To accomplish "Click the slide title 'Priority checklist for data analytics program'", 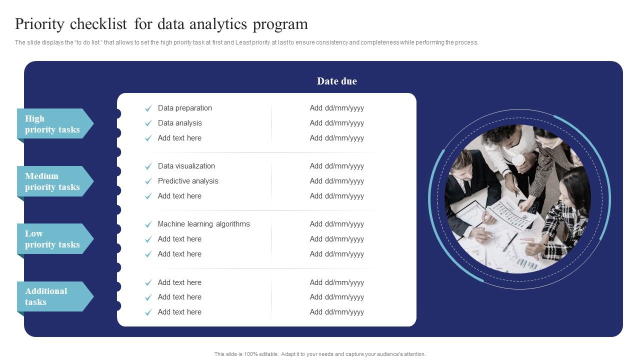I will [x=161, y=24].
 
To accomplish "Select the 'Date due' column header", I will [x=336, y=81].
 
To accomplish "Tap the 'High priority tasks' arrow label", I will [x=52, y=124].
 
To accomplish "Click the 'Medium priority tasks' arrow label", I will [x=52, y=181].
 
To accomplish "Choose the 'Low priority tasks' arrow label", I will [x=52, y=239].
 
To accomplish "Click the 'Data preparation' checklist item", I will [x=184, y=108].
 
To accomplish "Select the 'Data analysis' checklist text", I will [x=179, y=123].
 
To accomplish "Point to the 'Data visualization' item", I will [x=186, y=166].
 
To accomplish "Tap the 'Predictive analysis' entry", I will [x=188, y=181].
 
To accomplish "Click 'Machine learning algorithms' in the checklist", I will [x=203, y=224].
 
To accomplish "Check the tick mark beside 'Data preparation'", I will [x=148, y=108].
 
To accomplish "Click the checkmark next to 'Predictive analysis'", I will [x=148, y=181].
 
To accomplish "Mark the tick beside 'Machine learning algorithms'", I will [x=148, y=224].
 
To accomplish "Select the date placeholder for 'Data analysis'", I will [x=336, y=123].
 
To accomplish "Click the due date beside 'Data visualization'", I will [x=336, y=166].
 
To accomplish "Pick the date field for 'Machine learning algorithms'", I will [x=336, y=224].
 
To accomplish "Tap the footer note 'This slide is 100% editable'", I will [x=320, y=354].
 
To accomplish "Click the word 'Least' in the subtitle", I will [x=244, y=42].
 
